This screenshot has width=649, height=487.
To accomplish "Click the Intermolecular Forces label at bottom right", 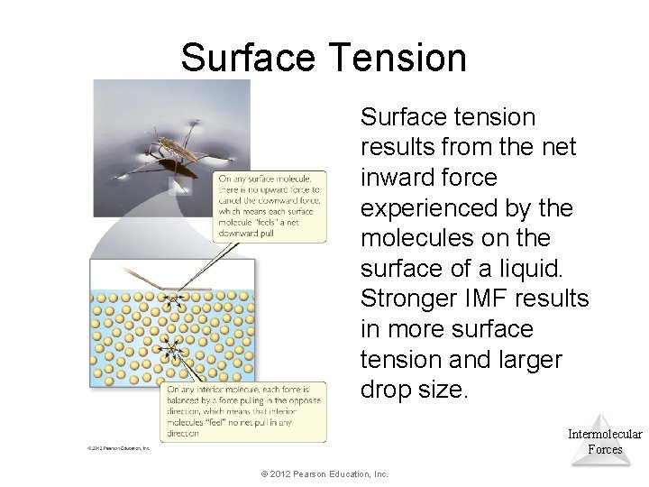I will pos(605,441).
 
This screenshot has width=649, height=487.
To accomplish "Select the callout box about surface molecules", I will pos(270,206).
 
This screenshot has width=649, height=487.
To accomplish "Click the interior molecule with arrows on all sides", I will pos(167,347).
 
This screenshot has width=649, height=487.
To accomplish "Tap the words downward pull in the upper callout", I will pos(244,232).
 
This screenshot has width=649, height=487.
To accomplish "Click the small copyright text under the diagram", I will pos(112,447).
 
